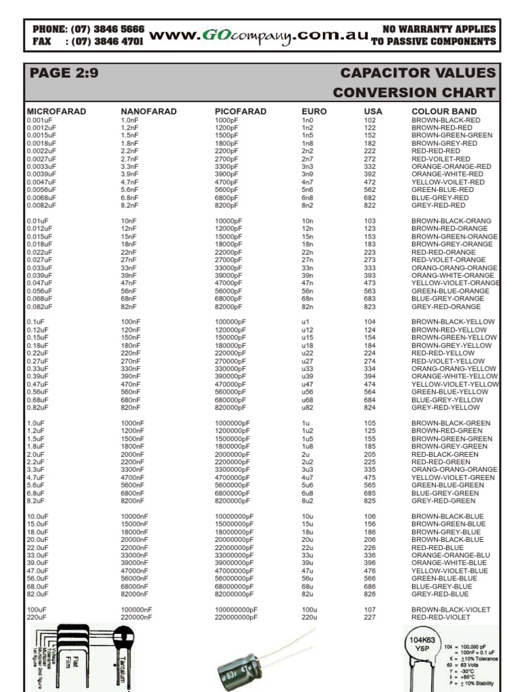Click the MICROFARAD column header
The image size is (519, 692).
click(x=56, y=112)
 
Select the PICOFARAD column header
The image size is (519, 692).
click(x=241, y=112)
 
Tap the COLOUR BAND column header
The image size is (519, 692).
click(x=444, y=112)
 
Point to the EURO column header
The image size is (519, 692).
click(x=314, y=112)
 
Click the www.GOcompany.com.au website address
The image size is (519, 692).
click(x=258, y=36)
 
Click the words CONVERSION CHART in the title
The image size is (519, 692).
click(x=414, y=93)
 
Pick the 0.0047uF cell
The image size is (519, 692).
click(x=42, y=182)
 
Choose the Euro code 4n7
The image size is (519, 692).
click(x=307, y=182)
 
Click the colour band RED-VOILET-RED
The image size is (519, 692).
click(x=441, y=159)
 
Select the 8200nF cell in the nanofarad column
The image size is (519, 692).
click(x=134, y=501)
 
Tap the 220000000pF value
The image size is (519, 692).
click(x=236, y=617)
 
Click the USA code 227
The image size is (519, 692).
click(x=370, y=617)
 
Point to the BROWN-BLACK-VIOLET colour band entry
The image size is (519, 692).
click(x=451, y=610)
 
